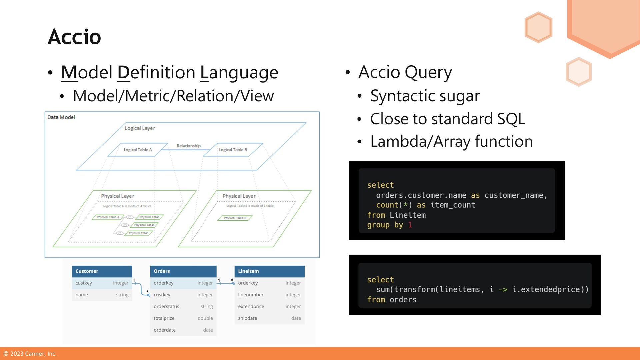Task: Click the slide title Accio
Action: (x=74, y=37)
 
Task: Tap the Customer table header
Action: (x=102, y=271)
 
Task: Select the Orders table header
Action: (x=183, y=271)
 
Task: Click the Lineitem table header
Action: (x=269, y=271)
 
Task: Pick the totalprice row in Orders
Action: (x=183, y=318)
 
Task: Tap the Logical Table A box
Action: (x=138, y=150)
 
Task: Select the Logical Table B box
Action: (x=233, y=150)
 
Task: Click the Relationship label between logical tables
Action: (x=189, y=146)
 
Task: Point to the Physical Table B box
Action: (x=235, y=218)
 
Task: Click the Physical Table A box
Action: (x=108, y=217)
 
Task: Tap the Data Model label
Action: (x=61, y=117)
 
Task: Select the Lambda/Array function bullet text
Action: (x=451, y=141)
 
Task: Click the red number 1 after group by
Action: (x=410, y=225)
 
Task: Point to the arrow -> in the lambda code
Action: (x=503, y=290)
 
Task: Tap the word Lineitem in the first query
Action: (x=408, y=215)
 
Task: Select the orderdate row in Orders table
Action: (x=183, y=330)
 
